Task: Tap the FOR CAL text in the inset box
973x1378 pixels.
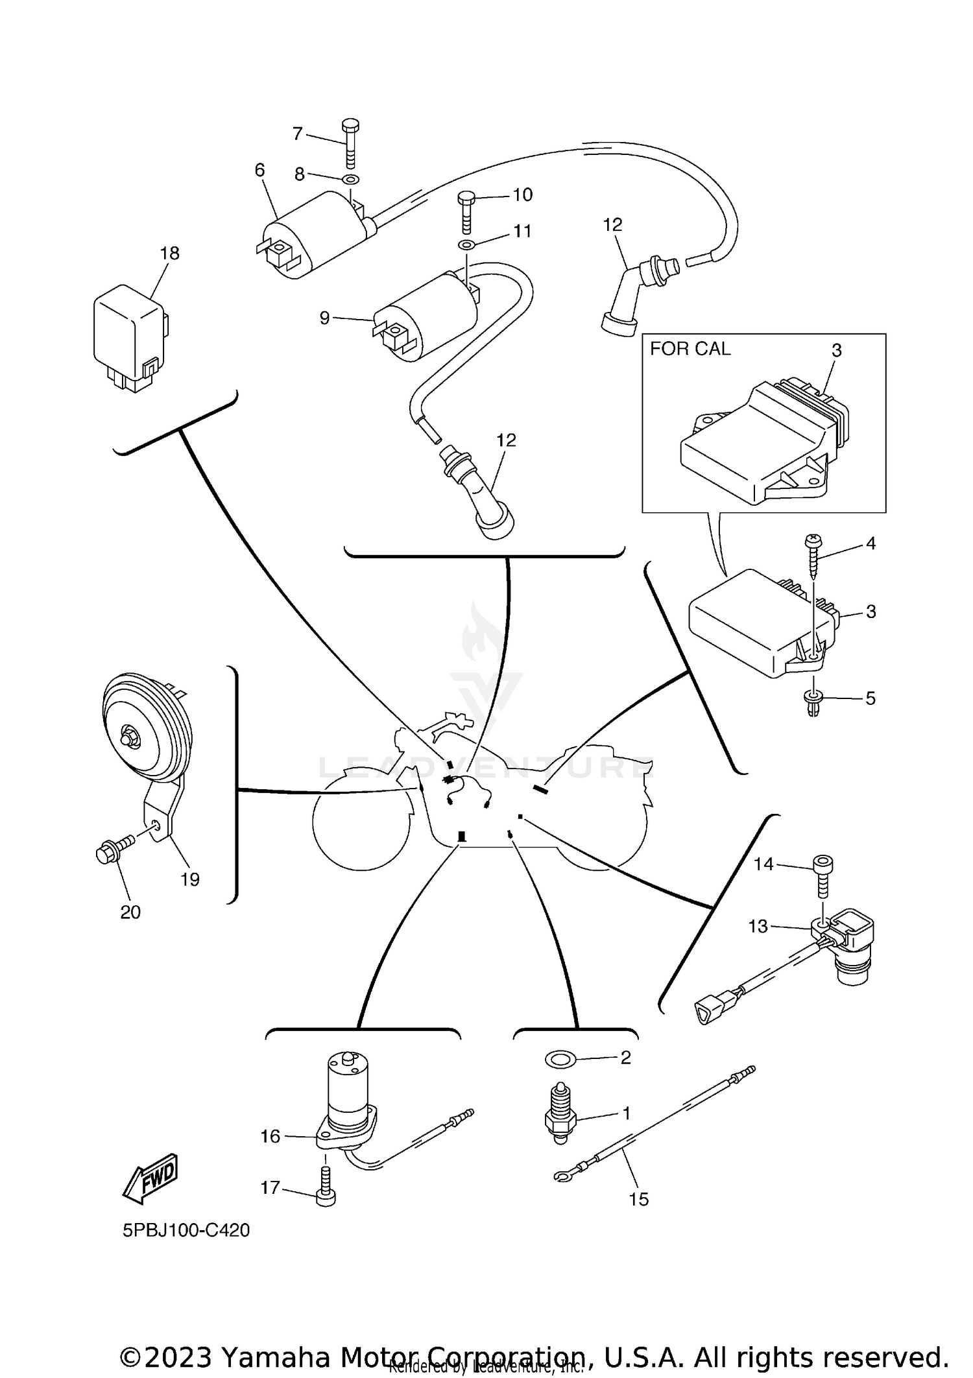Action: pos(690,349)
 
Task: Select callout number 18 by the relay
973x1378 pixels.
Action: pos(170,253)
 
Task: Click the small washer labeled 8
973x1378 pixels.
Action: pos(350,179)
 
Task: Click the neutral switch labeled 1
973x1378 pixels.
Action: pos(559,1114)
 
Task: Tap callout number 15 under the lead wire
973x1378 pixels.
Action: pos(638,1199)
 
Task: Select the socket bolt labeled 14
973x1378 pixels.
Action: pos(823,876)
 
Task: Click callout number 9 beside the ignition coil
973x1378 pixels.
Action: pos(324,318)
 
